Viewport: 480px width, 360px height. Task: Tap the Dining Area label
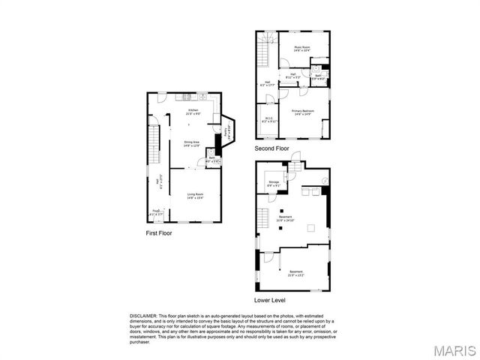pyautogui.click(x=192, y=143)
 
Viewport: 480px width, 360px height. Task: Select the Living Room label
pyautogui.click(x=195, y=196)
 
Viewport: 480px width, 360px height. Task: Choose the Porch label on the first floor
pyautogui.click(x=157, y=213)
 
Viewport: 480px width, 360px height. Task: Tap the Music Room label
pyautogui.click(x=302, y=49)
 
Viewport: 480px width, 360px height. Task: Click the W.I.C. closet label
pyautogui.click(x=268, y=118)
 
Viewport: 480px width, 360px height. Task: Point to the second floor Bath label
pyautogui.click(x=318, y=76)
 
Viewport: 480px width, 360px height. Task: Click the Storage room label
pyautogui.click(x=273, y=182)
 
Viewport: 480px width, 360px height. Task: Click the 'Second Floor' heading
pyautogui.click(x=271, y=148)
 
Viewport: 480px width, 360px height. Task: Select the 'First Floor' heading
pyautogui.click(x=158, y=233)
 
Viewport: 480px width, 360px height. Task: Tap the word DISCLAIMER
pyautogui.click(x=142, y=316)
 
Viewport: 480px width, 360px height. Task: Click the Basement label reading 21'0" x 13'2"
pyautogui.click(x=295, y=273)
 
